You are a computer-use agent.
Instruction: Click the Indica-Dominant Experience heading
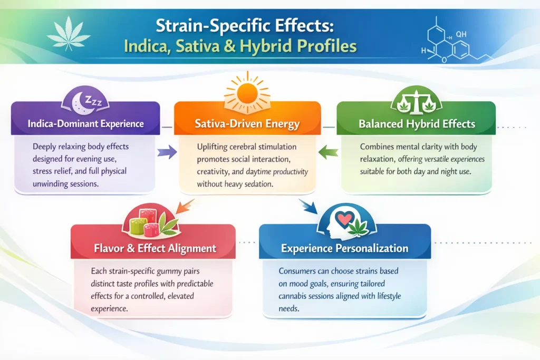pyautogui.click(x=85, y=124)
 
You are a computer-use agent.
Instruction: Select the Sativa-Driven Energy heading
pyautogui.click(x=247, y=125)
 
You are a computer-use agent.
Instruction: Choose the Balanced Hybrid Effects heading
pyautogui.click(x=417, y=125)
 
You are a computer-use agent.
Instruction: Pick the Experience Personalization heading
pyautogui.click(x=344, y=248)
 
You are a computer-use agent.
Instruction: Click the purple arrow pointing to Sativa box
pyautogui.click(x=167, y=153)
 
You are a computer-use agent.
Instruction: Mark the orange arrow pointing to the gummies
pyautogui.click(x=185, y=206)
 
